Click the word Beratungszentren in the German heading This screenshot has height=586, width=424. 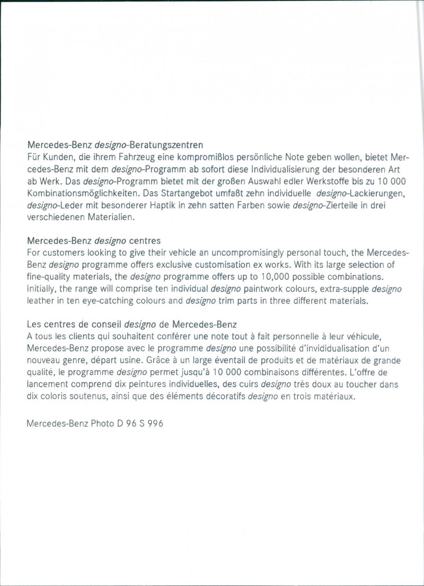[163, 144]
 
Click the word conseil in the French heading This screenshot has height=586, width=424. [104, 324]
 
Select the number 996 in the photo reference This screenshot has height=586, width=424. [154, 424]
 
